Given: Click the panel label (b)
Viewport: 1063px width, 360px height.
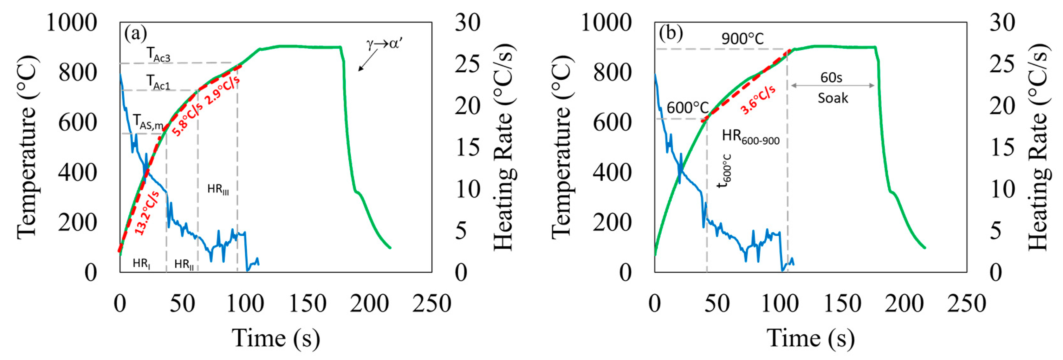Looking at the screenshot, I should (671, 33).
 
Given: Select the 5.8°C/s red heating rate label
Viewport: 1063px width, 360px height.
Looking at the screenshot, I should (187, 120).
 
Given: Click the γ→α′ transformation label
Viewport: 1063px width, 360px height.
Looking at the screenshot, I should (384, 44).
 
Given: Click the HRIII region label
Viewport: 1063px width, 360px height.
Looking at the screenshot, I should (218, 189).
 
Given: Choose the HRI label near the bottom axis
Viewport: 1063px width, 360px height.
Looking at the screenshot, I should (141, 263).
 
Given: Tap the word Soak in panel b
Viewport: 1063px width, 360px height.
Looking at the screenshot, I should (833, 98).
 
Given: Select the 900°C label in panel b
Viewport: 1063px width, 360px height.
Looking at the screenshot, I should (742, 39).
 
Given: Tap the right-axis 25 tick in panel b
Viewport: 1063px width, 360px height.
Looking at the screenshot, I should (1001, 64).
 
